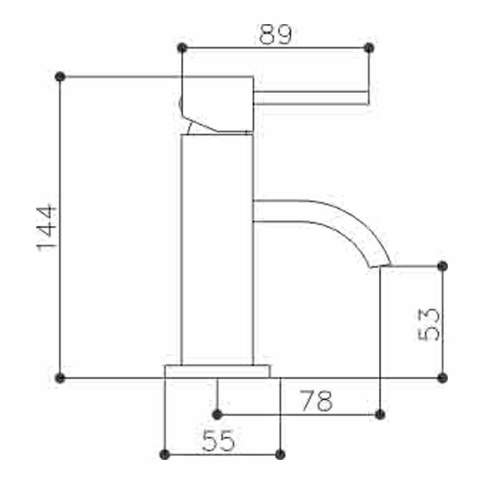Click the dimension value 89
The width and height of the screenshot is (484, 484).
(275, 34)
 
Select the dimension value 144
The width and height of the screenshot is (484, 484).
(47, 227)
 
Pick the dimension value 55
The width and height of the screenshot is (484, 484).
(218, 441)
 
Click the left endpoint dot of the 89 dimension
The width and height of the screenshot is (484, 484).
(182, 48)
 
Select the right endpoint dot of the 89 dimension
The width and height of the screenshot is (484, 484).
(369, 48)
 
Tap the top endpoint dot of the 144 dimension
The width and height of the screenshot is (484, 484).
(60, 77)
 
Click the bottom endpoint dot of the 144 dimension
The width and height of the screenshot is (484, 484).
(60, 378)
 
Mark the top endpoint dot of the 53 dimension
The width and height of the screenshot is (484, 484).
(442, 266)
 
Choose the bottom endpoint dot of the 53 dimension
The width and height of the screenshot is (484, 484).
(442, 378)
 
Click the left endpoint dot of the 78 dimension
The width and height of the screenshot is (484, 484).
(217, 415)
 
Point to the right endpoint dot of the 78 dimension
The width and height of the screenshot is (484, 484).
(380, 414)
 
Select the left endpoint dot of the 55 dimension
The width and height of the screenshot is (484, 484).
(165, 454)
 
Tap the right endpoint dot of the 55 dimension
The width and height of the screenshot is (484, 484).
(280, 454)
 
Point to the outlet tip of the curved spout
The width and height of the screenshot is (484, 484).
(380, 266)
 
